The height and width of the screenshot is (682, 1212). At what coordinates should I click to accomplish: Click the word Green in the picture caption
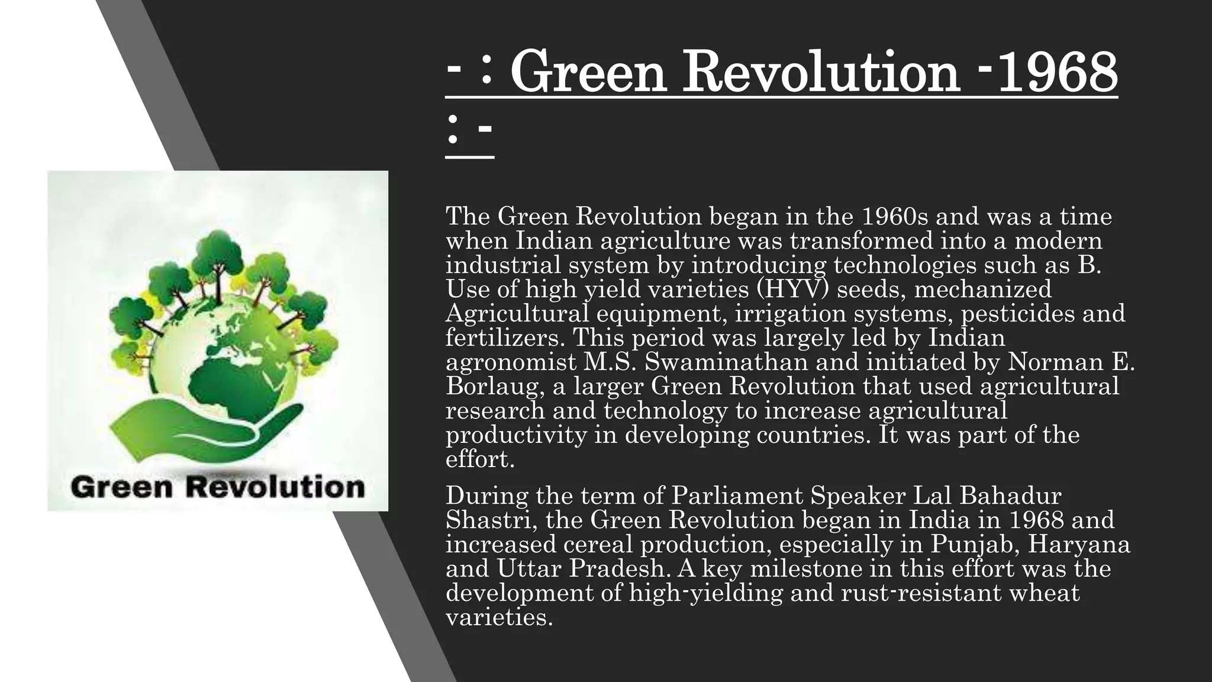point(122,488)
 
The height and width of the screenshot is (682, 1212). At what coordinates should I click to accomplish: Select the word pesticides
point(1014,314)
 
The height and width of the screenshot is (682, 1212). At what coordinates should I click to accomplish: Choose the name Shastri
point(491,520)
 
